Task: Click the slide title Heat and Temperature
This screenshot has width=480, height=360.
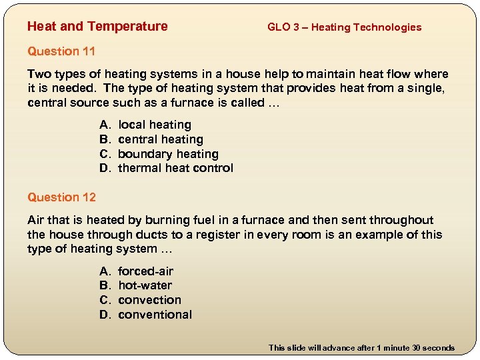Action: coord(97,27)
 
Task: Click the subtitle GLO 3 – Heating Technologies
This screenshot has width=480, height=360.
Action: coord(344,27)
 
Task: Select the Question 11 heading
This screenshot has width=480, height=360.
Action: coord(61,51)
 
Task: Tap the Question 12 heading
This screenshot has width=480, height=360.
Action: coord(61,197)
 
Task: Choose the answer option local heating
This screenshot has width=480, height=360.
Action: coord(155,125)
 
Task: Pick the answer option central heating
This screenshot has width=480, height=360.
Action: coord(161,139)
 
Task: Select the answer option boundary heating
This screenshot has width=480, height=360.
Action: coord(168,154)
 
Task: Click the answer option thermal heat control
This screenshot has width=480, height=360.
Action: coord(175,168)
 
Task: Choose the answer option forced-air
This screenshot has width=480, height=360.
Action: coord(145,271)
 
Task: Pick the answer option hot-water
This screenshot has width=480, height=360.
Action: coord(145,285)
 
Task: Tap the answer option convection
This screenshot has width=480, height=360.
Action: coord(149,300)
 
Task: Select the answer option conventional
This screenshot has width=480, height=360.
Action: coord(155,315)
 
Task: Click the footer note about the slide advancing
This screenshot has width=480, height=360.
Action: coord(361,347)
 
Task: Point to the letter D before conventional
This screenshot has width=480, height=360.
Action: coord(104,315)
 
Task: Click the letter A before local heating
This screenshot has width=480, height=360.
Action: coord(104,125)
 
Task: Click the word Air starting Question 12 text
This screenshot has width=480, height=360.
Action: coord(36,220)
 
